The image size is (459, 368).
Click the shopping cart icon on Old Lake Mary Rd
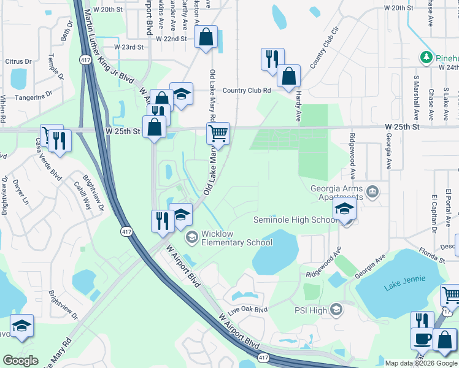pos(218,132)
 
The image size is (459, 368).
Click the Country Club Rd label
pos(247,90)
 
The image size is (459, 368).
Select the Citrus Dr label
pos(18,61)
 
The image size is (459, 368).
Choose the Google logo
pos(20,361)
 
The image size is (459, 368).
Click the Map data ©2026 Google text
pos(420,363)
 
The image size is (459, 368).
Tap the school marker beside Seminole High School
pos(345,210)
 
